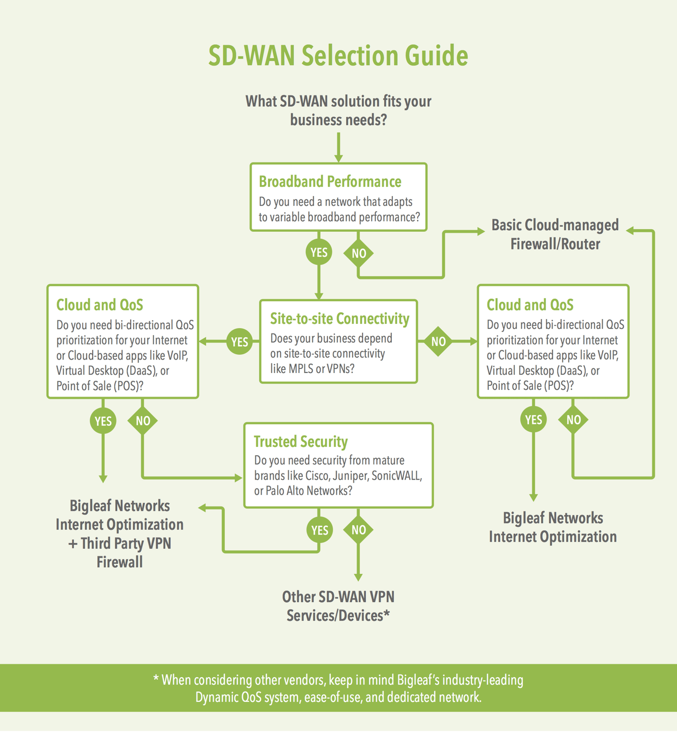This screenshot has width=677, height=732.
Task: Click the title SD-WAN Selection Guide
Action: (x=338, y=56)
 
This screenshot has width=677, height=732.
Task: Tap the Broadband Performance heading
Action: (x=330, y=182)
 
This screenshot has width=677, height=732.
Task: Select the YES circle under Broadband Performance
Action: (x=319, y=252)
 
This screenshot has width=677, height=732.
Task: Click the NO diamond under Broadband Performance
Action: (x=359, y=253)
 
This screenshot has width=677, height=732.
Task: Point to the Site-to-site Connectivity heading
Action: (x=339, y=319)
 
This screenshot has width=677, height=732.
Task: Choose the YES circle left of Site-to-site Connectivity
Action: (x=240, y=342)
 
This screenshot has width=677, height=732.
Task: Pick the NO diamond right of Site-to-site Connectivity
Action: (x=438, y=342)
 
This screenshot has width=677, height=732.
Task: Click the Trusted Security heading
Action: (x=301, y=441)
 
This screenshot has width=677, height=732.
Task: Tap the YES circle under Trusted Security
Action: (x=319, y=530)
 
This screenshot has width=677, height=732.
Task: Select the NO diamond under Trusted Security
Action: (x=359, y=530)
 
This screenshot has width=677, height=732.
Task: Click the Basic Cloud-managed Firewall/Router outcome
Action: (x=555, y=235)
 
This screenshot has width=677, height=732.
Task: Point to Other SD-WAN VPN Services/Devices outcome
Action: (x=338, y=606)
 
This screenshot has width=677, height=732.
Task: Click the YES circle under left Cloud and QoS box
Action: (x=103, y=421)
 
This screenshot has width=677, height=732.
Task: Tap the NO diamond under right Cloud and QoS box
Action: (x=573, y=420)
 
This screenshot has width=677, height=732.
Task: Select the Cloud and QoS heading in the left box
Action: (x=99, y=305)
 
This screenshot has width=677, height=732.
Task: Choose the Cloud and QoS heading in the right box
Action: (x=530, y=305)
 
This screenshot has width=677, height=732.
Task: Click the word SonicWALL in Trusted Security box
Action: (x=397, y=476)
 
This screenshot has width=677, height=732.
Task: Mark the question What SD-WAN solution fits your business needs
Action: (x=338, y=111)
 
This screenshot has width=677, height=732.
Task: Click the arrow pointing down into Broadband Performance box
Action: (x=338, y=149)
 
